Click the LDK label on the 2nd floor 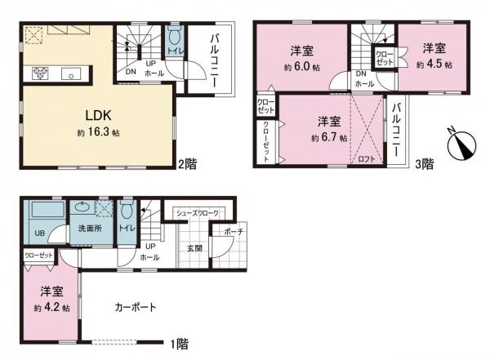point(99,115)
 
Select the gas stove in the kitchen point(40,73)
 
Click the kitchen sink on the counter point(71,73)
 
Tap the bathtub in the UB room point(48,208)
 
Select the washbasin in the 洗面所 point(82,207)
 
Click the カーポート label point(136,307)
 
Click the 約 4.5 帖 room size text point(434,64)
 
